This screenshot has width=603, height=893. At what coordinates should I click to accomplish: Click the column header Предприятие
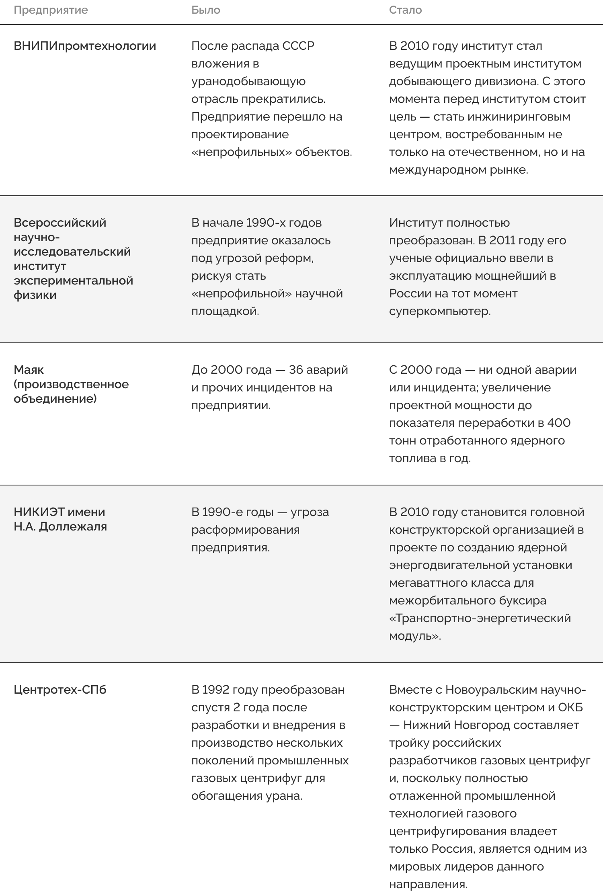click(51, 10)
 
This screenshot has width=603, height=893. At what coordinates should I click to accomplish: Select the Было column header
click(206, 10)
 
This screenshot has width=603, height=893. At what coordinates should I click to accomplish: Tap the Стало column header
click(405, 10)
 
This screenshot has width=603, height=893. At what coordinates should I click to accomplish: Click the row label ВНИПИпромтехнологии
click(85, 46)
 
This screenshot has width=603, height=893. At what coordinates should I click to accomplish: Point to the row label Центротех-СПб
click(60, 690)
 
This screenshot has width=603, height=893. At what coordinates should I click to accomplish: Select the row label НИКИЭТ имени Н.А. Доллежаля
click(60, 519)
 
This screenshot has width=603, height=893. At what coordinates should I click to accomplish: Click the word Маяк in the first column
click(29, 370)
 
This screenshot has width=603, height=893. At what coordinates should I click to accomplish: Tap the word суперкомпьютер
click(440, 311)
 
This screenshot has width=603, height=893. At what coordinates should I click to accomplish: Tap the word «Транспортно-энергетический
click(480, 618)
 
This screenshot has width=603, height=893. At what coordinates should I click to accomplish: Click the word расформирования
click(245, 530)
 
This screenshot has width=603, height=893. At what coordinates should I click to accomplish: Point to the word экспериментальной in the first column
click(73, 281)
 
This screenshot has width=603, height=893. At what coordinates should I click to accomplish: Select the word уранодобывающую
click(248, 82)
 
